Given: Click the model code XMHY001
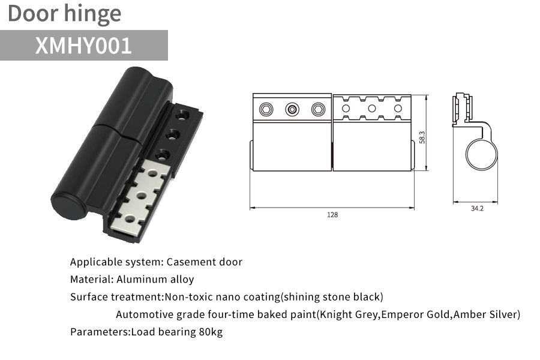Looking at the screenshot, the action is click(x=83, y=46).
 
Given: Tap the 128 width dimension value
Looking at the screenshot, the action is click(x=332, y=215).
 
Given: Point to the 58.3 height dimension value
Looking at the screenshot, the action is click(x=422, y=137).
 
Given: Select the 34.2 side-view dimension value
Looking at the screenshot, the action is click(x=477, y=208).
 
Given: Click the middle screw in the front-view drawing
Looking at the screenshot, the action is click(x=292, y=110).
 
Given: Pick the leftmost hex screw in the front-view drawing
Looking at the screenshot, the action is click(x=266, y=110).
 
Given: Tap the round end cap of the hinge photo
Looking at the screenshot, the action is click(x=69, y=205).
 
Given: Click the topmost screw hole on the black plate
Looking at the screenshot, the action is click(x=181, y=115).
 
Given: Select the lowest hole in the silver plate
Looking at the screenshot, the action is click(x=130, y=219).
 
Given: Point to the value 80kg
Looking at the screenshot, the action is click(x=211, y=332).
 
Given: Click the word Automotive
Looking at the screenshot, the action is click(x=145, y=314).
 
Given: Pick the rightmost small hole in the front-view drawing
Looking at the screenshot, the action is click(x=398, y=109).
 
